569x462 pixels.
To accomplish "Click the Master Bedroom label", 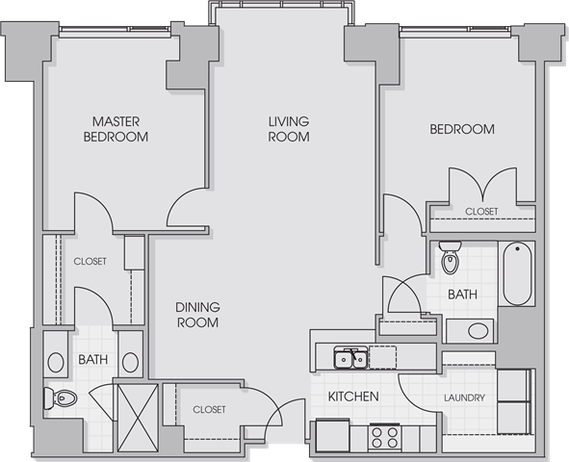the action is tap(116, 129).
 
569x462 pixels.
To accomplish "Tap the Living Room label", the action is tap(289, 129).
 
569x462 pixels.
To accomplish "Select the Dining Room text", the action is tap(197, 315).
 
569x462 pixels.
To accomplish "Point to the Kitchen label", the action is tap(353, 397).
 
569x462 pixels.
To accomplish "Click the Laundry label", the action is tap(464, 398).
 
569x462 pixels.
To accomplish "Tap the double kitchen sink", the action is tap(349, 357).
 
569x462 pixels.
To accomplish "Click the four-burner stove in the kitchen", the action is tap(385, 437).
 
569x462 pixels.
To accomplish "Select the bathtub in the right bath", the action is tap(517, 274).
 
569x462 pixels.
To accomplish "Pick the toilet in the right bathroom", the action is tap(450, 257).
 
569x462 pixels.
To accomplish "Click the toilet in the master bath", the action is tap(61, 398).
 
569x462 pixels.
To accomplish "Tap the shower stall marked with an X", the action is tap(138, 418).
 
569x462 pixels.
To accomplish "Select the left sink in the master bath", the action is tap(56, 362).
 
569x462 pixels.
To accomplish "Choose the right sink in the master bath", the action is tap(130, 362).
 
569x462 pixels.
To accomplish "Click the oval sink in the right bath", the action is tap(478, 331).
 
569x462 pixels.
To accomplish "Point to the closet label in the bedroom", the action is tap(481, 212).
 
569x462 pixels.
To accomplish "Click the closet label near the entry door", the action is tap(209, 410).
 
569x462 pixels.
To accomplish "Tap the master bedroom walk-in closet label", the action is tap(90, 262).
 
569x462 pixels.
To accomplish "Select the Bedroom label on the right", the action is tap(462, 129).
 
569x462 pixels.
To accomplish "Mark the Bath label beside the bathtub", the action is tap(462, 295).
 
